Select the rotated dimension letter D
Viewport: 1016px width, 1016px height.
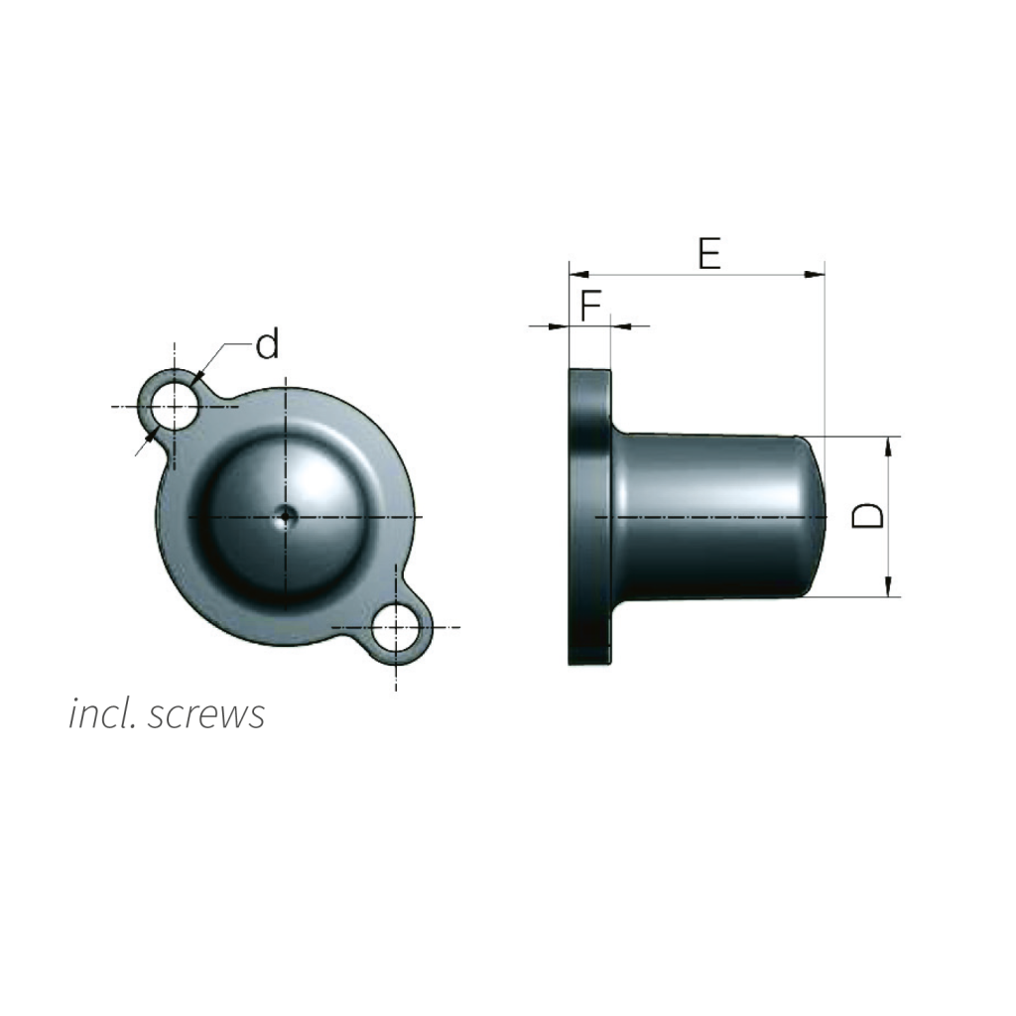867,516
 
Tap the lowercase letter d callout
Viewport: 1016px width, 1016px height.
267,343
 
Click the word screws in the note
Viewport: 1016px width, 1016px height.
206,714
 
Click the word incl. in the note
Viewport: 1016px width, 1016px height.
102,713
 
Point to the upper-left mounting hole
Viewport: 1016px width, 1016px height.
174,407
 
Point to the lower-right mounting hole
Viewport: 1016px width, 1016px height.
396,627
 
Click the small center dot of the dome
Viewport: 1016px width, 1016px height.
285,516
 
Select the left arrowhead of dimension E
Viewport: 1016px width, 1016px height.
578,275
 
